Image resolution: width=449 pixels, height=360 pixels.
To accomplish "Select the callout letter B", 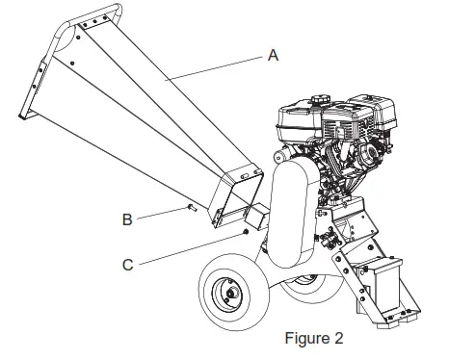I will pos(126,219).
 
